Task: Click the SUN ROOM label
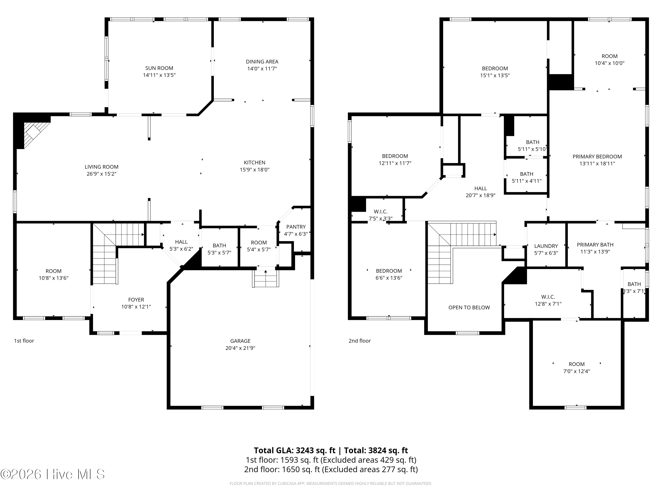[159, 68]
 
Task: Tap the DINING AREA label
[262, 61]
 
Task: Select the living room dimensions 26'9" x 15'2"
[102, 174]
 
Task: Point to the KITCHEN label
[255, 162]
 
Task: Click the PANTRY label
[296, 227]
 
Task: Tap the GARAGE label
[240, 341]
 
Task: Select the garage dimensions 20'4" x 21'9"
[240, 348]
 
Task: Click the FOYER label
[136, 300]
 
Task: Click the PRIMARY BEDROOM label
[597, 156]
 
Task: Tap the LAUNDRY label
[546, 246]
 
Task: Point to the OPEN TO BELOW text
[469, 307]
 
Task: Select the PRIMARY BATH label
[595, 245]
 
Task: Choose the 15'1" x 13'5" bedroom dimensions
[495, 76]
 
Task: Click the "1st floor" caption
[24, 341]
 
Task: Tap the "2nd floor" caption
[360, 341]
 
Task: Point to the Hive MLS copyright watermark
[53, 474]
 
